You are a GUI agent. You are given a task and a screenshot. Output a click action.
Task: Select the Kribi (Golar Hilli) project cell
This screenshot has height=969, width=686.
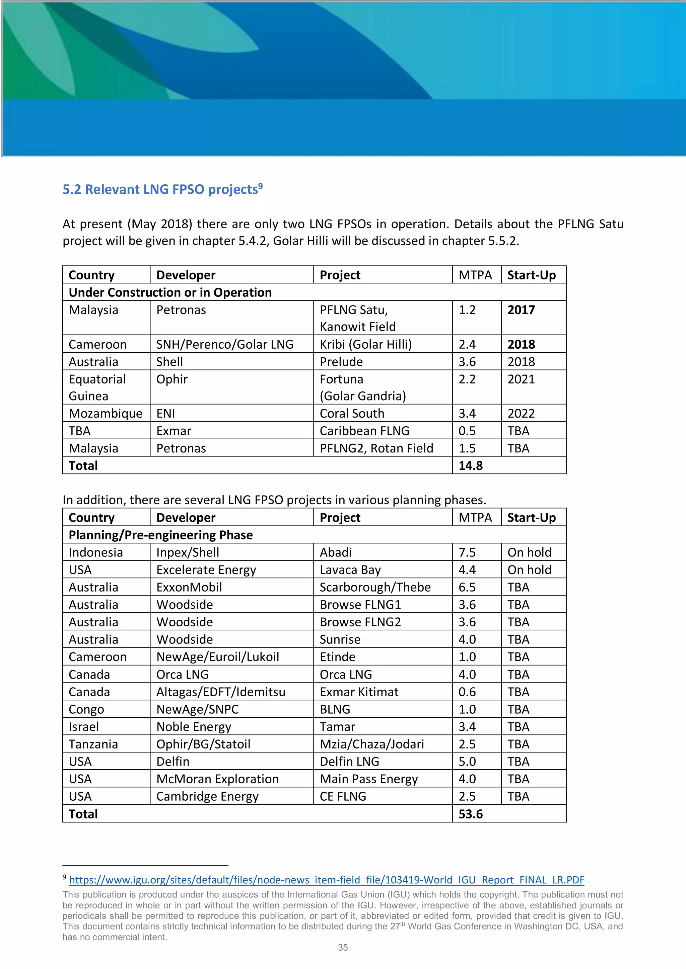(x=365, y=344)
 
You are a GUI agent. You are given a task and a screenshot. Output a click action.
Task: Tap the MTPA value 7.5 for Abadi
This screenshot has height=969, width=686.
(x=467, y=552)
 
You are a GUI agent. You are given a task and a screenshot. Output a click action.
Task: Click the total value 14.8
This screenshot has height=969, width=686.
(x=471, y=466)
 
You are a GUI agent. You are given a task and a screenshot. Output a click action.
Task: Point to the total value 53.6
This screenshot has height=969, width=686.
(x=471, y=814)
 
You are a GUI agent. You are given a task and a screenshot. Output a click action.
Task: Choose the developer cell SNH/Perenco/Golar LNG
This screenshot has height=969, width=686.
(x=224, y=344)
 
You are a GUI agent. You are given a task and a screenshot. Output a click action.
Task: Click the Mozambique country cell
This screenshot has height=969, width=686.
(x=105, y=414)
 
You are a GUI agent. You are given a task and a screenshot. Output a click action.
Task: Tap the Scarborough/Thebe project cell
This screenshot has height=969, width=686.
(x=375, y=588)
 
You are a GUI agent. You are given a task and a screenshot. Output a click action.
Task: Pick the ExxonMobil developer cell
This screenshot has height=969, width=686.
(x=189, y=588)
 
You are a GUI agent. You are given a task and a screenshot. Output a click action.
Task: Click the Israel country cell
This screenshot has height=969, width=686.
(x=84, y=727)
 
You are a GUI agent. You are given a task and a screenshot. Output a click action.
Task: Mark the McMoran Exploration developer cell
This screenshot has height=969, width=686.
(x=217, y=779)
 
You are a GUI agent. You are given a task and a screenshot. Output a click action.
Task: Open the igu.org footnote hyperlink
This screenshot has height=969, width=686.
(x=327, y=880)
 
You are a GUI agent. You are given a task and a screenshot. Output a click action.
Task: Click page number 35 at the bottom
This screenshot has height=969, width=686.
(x=343, y=948)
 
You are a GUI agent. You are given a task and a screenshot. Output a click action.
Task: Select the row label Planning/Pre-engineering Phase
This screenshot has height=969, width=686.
(x=160, y=535)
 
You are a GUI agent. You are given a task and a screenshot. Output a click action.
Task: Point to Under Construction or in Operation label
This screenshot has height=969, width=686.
(x=170, y=292)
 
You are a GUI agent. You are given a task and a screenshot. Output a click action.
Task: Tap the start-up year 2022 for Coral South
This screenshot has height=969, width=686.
(x=521, y=414)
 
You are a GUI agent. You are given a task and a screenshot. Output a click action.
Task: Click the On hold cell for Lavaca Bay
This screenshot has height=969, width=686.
(x=529, y=570)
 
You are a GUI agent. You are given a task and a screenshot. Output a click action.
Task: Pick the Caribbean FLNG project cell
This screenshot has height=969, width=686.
(x=364, y=431)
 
